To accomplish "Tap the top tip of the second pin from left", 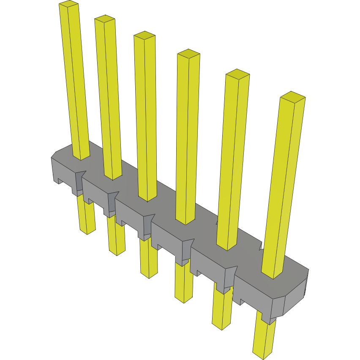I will click(x=105, y=18).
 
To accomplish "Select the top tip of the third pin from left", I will click(x=145, y=35).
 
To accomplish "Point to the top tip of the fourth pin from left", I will click(x=188, y=53).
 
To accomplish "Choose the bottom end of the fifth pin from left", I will click(x=221, y=326).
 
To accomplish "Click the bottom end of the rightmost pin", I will click(x=263, y=356).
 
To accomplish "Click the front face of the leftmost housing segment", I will click(x=63, y=171).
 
